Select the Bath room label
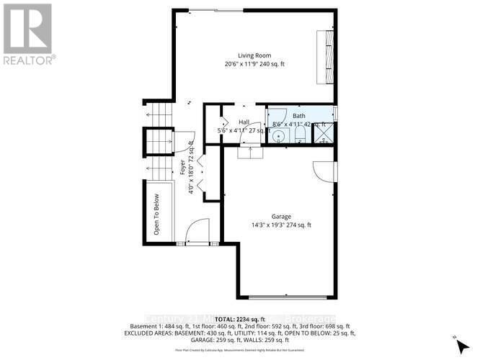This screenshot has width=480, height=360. tap(298, 117)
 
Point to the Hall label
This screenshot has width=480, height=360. tap(244, 122)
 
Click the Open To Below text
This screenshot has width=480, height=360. tap(156, 215)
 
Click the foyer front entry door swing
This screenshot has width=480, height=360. tap(196, 233)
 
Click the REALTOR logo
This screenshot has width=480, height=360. tap(28, 33)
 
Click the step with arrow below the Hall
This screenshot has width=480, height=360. tap(250, 150)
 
